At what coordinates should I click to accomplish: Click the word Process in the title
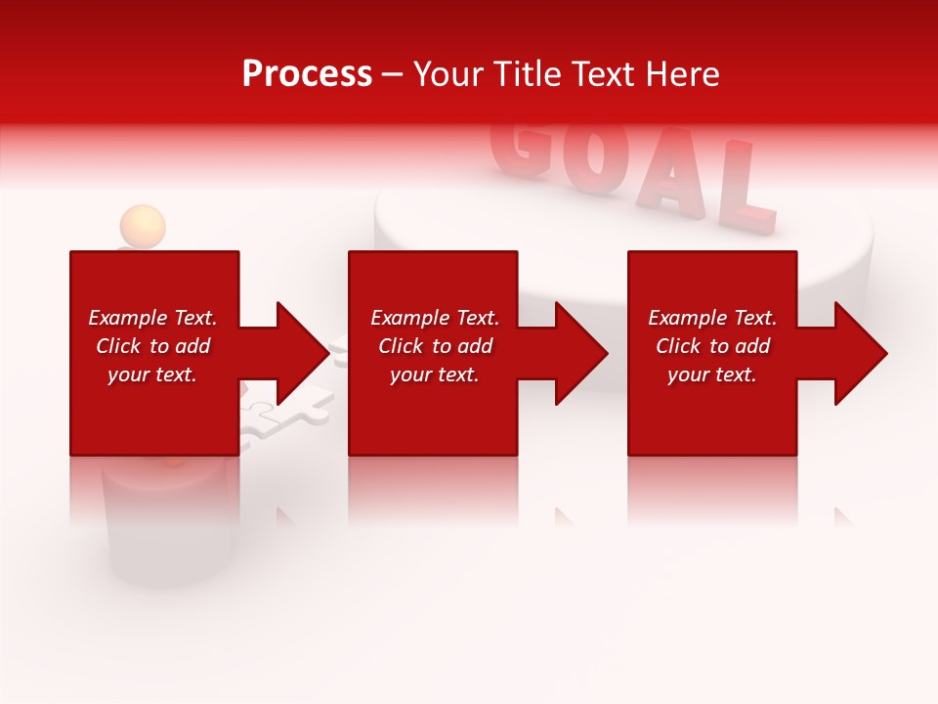tap(307, 74)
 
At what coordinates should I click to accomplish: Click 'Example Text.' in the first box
tap(152, 318)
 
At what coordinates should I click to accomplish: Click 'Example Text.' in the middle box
tap(434, 318)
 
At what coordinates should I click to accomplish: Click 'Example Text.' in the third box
tap(712, 318)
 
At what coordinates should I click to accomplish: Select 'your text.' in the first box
tap(152, 374)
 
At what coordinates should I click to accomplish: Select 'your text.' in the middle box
tap(434, 374)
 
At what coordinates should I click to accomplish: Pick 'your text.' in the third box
tap(712, 374)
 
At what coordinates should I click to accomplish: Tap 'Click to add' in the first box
tap(152, 346)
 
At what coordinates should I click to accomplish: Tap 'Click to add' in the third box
tap(712, 346)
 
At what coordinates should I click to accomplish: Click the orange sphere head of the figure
tap(143, 225)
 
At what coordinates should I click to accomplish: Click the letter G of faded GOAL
tap(520, 152)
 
